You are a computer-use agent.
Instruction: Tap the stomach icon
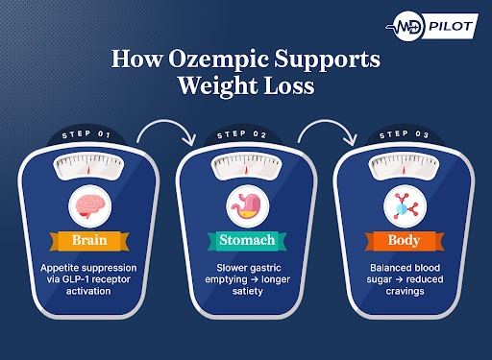[246, 205]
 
